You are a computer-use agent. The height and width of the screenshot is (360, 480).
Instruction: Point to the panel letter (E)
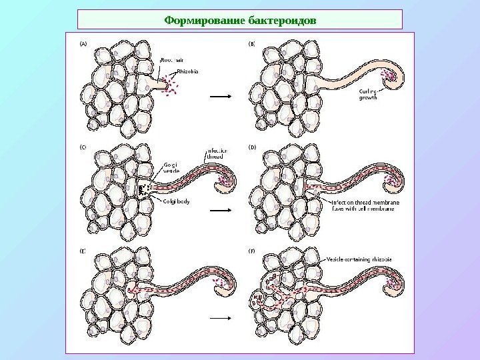85,252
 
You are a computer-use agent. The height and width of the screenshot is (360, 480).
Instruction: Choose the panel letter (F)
244,252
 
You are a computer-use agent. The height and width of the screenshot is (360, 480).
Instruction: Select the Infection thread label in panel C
216,155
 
